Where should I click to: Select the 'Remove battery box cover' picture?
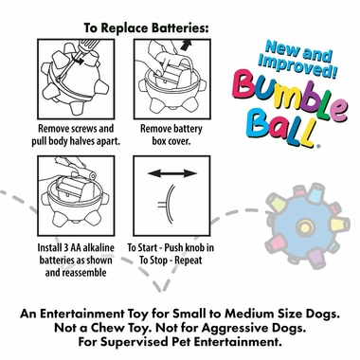[x=166, y=80]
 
